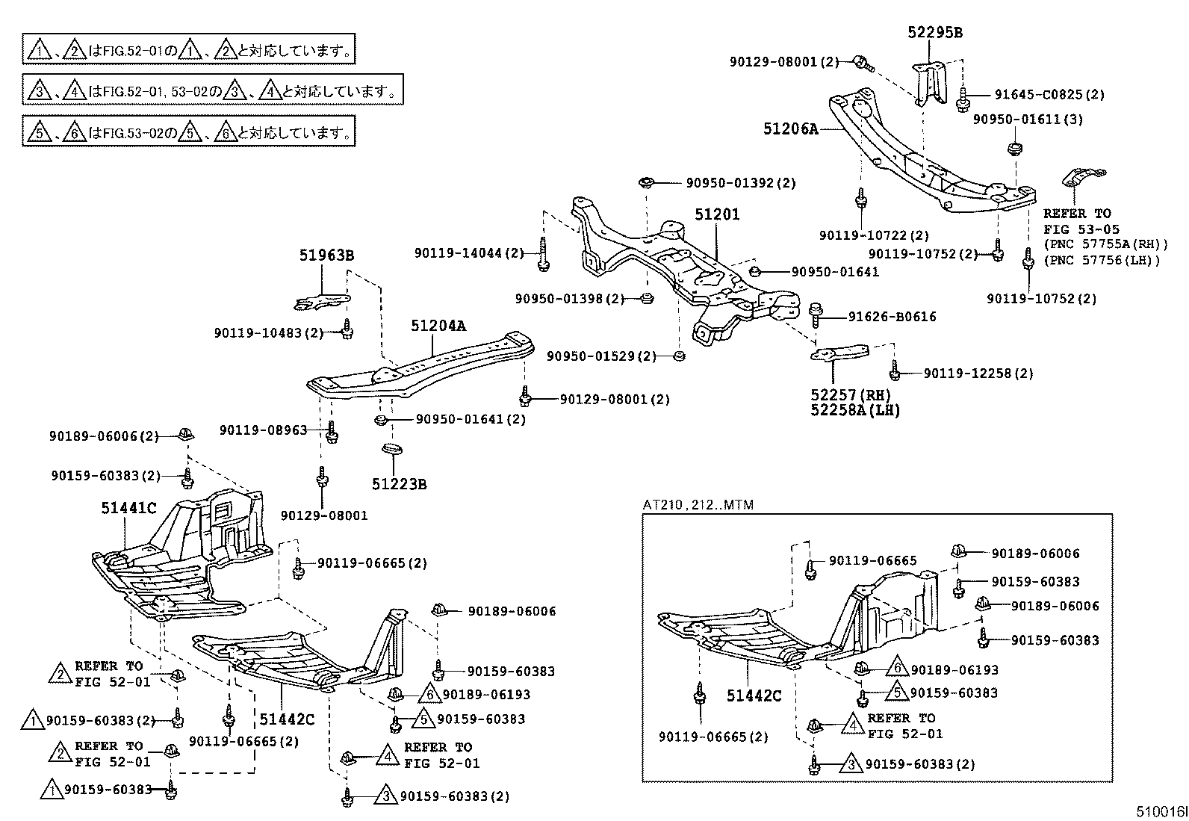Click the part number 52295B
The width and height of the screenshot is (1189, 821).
934,32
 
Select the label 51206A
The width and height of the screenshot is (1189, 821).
790,128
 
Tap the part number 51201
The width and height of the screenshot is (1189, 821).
717,214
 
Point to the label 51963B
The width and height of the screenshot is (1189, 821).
326,255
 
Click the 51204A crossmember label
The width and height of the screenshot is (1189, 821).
438,326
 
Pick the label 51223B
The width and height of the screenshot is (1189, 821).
399,484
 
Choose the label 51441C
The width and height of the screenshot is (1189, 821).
128,509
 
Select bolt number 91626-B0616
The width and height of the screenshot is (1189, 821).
892,317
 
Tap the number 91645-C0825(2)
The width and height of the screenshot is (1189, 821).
1049,95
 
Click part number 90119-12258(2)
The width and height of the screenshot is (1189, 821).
978,373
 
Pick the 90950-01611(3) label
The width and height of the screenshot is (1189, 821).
1027,120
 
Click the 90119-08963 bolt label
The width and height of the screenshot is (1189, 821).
263,430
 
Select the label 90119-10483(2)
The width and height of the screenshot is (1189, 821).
268,332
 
